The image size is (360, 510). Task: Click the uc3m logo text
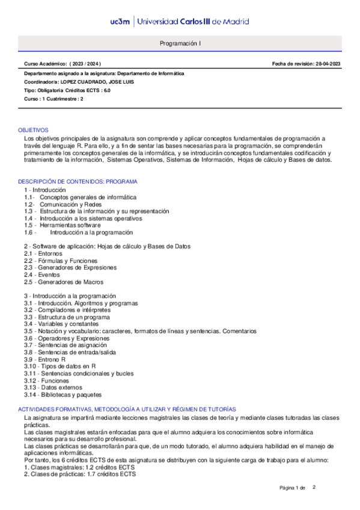(121, 22)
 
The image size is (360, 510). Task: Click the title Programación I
(180, 44)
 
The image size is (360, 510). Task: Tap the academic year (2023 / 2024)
(85, 64)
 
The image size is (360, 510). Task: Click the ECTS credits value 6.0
(106, 90)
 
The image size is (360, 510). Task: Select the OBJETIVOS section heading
(33, 130)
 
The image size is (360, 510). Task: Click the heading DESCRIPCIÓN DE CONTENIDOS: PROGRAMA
(78, 182)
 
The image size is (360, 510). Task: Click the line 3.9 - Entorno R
(45, 359)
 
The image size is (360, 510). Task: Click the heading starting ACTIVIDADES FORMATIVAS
(127, 409)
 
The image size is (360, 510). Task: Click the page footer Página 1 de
(293, 487)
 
